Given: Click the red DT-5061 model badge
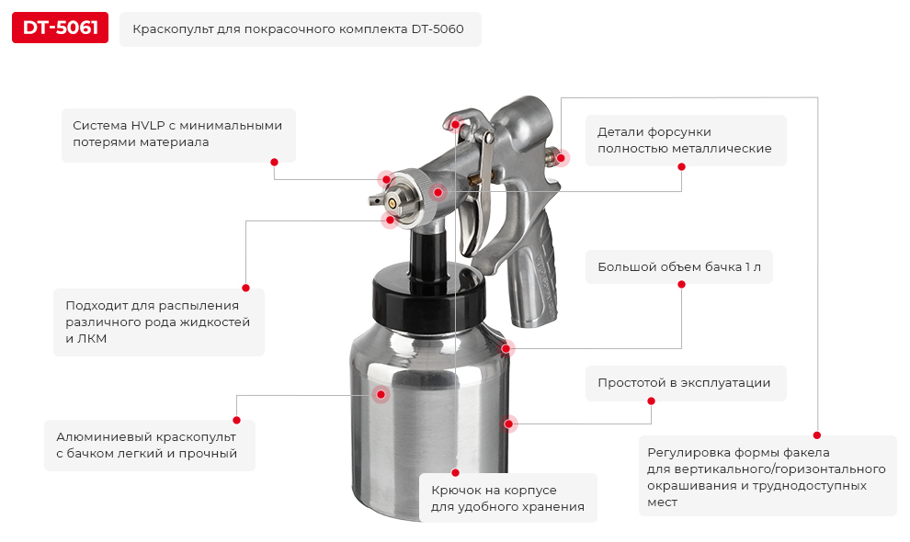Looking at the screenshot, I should coord(60,28).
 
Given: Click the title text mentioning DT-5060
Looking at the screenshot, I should coord(299,29).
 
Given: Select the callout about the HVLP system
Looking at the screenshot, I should coord(177,134).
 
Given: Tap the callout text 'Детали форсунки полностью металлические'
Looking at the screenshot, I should coord(685,140).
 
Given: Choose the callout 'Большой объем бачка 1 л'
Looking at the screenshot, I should coord(678,267).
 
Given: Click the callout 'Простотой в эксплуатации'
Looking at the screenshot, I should coord(684,383).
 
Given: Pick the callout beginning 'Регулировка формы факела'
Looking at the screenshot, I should coord(767,477).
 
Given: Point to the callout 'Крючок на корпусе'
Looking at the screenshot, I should coord(507,498).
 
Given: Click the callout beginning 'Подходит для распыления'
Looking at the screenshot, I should coord(158,322).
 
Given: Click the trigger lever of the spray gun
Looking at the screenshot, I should coord(471,220).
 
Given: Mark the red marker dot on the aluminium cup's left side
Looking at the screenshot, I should coord(381,394).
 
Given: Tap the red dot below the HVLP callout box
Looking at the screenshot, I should coord(274,162).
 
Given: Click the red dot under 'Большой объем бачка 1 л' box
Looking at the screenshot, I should coord(681,285).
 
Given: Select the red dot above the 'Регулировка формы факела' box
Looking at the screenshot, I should coord(816,435).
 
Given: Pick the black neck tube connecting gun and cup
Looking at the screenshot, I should coord(429,245).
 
